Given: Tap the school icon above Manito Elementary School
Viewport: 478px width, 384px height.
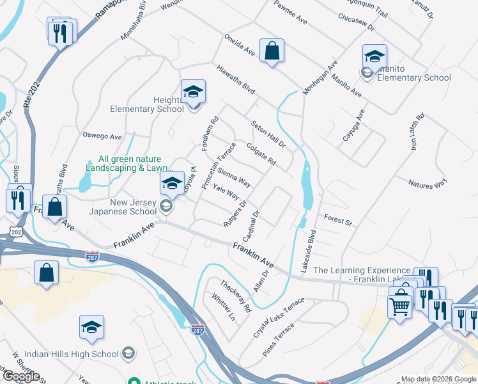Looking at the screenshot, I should pos(374,56).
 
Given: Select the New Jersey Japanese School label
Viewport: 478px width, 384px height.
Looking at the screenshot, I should pos(133,207).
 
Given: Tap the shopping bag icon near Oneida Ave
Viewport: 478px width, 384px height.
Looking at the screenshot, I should pos(272,51).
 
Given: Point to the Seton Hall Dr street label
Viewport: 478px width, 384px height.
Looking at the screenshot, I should pos(268,134).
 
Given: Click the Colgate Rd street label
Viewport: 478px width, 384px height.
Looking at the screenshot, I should pos(261,154).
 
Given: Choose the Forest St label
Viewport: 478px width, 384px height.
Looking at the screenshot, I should pos(338,220).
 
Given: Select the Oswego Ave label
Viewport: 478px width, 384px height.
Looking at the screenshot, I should pos(102,136).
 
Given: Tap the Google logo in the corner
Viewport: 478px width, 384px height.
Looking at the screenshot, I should pos(21,376).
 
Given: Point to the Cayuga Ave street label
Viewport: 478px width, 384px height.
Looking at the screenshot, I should pos(360,125).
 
